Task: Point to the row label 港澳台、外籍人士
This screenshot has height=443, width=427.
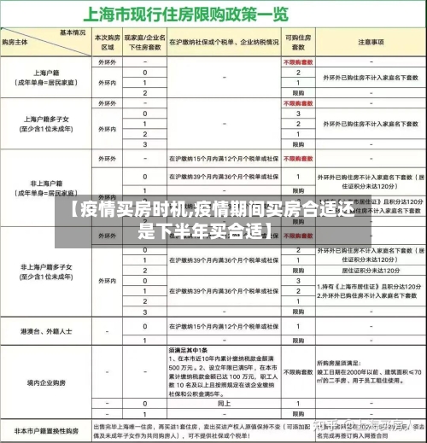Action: click(x=42, y=329)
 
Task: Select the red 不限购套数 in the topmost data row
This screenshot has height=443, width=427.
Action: click(x=298, y=63)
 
